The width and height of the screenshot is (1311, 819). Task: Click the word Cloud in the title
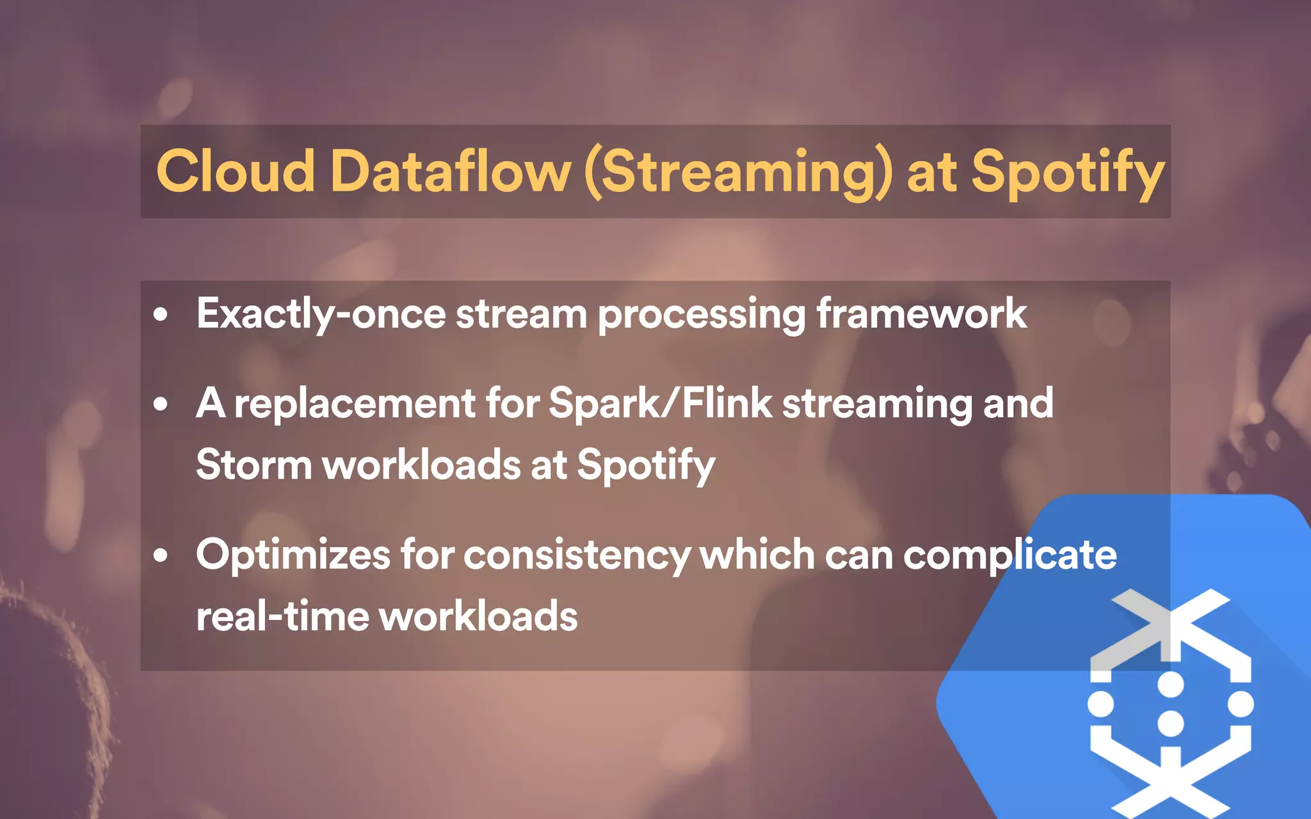[x=236, y=171]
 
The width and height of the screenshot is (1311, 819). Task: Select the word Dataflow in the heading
[x=450, y=171]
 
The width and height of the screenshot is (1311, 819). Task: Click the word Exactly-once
[x=321, y=314]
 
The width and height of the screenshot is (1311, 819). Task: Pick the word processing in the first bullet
[x=702, y=315]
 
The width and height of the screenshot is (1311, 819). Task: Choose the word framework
[x=922, y=314]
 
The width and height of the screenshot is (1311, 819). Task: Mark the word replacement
[x=355, y=404]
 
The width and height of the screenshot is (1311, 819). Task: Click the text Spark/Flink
[x=661, y=403]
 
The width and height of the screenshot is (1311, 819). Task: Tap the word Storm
[x=253, y=465]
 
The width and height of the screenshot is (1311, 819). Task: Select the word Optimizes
[x=293, y=555]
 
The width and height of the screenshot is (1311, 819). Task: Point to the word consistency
[x=577, y=555]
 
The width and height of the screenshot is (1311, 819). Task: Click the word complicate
[x=1010, y=555]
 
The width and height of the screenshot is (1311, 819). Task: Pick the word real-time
[x=282, y=616]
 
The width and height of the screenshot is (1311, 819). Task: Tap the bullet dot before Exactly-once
[x=161, y=315]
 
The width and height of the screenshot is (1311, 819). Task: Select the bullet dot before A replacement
[x=161, y=404]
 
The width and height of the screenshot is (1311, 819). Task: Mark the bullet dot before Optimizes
[x=161, y=555]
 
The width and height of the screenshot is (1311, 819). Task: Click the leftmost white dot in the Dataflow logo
[x=1101, y=704]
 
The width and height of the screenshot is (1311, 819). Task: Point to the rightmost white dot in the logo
[x=1241, y=704]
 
